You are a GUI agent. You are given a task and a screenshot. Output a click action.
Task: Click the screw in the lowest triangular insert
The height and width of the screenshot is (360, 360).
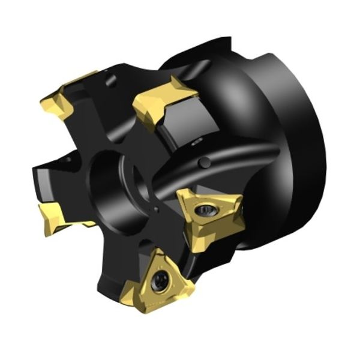160,280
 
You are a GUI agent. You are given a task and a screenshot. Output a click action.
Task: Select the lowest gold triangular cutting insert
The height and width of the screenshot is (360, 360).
159,282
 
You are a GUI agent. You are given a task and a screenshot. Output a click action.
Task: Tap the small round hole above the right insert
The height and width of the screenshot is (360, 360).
205,162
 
